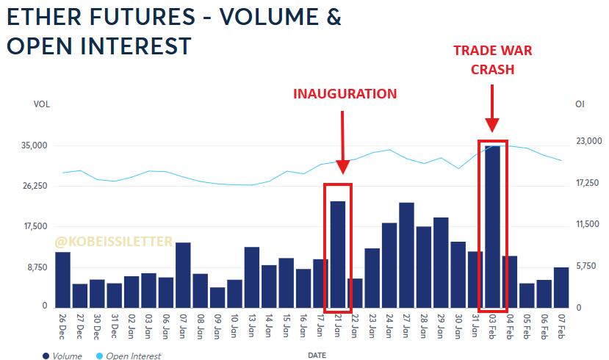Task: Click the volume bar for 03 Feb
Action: click(x=492, y=226)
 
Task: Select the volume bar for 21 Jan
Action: click(x=337, y=253)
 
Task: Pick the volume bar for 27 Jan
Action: click(x=406, y=254)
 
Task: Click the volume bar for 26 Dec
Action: click(x=63, y=279)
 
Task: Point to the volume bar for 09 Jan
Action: click(x=217, y=297)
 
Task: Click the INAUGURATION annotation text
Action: click(x=345, y=94)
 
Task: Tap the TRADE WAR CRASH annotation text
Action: click(x=492, y=60)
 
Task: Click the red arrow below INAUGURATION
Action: click(x=341, y=143)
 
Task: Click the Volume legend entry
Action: click(x=63, y=356)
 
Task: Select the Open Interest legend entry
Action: click(x=128, y=356)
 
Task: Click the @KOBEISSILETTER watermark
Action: click(x=113, y=241)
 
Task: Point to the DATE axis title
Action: click(x=317, y=355)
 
